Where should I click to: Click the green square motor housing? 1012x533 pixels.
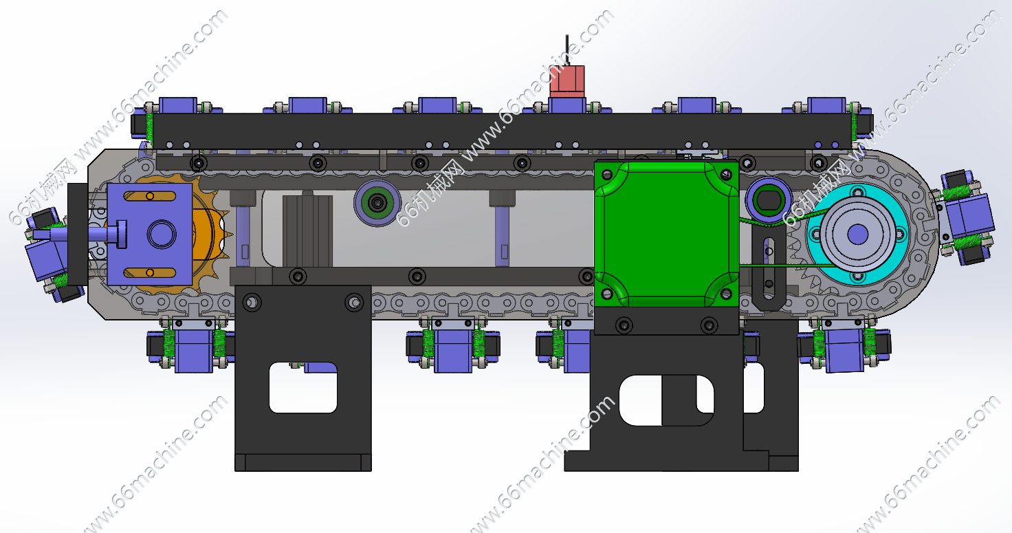(666, 235)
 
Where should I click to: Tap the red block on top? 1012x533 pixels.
(567, 81)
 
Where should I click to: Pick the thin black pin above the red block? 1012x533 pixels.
(567, 50)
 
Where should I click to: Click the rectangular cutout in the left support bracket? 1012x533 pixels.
(303, 387)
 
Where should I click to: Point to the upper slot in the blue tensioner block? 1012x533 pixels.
(150, 196)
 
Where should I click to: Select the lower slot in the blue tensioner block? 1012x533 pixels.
(150, 272)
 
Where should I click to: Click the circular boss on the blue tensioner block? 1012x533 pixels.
(162, 235)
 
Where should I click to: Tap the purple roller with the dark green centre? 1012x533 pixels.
(377, 203)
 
